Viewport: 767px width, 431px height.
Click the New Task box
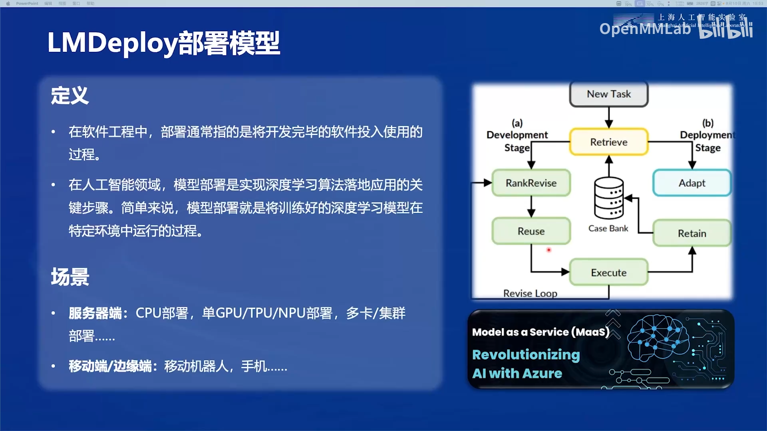coord(608,94)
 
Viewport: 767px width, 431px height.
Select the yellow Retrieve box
coord(608,142)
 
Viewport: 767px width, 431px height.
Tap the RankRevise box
coord(531,183)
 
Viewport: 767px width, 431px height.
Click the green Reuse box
coord(531,231)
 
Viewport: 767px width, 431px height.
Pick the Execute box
coord(608,273)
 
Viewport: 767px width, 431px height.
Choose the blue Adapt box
coord(692,183)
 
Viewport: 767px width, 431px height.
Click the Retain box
coord(692,233)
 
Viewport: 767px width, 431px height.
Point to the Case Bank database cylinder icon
coord(608,198)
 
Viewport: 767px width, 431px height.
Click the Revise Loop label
coord(530,293)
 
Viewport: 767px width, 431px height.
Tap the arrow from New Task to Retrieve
coord(608,117)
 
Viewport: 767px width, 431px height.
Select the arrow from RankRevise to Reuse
coord(531,207)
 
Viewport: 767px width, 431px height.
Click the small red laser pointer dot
coord(549,250)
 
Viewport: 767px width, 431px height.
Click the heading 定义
coord(70,96)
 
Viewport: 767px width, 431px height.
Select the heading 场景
coord(70,277)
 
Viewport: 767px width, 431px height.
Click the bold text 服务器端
coord(95,313)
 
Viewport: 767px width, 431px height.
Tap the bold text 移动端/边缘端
coord(110,366)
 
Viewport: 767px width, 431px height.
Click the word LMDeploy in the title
coord(112,43)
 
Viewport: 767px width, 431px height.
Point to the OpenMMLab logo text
coord(645,29)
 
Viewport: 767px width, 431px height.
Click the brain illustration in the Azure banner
coord(657,337)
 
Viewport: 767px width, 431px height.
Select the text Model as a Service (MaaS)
coord(540,332)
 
